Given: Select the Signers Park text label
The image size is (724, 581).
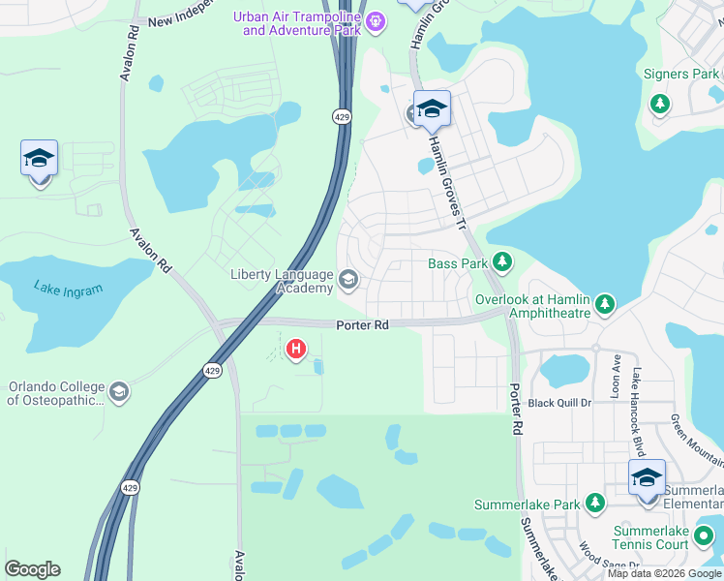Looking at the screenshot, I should pyautogui.click(x=680, y=75).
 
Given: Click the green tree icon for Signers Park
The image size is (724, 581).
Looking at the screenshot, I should pyautogui.click(x=660, y=103).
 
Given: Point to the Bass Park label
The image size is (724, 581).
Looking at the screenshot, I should pyautogui.click(x=458, y=263).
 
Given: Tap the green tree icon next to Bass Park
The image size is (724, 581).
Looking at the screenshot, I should pyautogui.click(x=501, y=261).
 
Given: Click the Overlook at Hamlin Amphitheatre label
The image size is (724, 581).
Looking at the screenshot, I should pyautogui.click(x=531, y=306).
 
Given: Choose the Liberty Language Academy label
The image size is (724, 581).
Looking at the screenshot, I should pyautogui.click(x=282, y=281).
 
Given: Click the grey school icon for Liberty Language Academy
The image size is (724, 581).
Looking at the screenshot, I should pyautogui.click(x=348, y=281).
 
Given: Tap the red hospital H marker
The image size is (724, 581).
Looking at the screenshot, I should pyautogui.click(x=297, y=348).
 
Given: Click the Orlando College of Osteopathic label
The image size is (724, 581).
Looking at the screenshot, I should pyautogui.click(x=55, y=392).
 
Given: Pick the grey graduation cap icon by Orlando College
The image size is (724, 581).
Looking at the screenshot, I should pyautogui.click(x=119, y=392).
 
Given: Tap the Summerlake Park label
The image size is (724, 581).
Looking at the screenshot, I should pyautogui.click(x=527, y=505).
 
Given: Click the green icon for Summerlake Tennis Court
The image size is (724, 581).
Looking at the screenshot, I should pyautogui.click(x=705, y=534).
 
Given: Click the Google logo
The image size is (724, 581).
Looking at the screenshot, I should pyautogui.click(x=32, y=569).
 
